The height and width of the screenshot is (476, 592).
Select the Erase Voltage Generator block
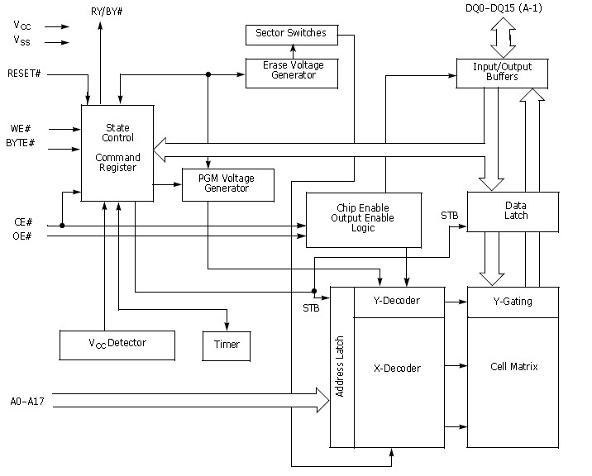point(294,71)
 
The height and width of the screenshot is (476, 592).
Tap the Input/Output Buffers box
point(502,72)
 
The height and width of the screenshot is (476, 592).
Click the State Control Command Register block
point(117,152)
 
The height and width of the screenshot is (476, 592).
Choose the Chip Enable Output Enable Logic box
point(364,219)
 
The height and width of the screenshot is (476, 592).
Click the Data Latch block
point(515,211)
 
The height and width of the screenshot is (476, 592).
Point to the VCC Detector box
point(117,344)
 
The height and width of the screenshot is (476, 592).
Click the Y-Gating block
point(512,301)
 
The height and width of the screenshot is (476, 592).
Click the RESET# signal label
point(24,74)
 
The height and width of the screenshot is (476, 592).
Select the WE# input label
point(21,128)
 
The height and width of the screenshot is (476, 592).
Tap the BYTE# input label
point(20,143)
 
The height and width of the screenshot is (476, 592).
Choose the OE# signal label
point(22,236)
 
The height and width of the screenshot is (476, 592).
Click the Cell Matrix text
point(514,366)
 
